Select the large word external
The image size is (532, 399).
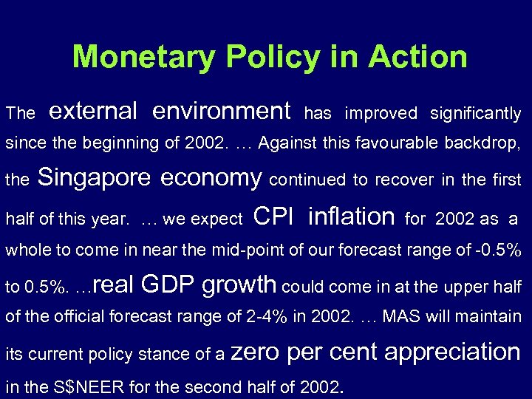[x=93, y=111]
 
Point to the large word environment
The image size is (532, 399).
[x=222, y=111]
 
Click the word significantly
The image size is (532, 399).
[x=475, y=113]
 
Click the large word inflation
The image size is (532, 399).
[x=351, y=216]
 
